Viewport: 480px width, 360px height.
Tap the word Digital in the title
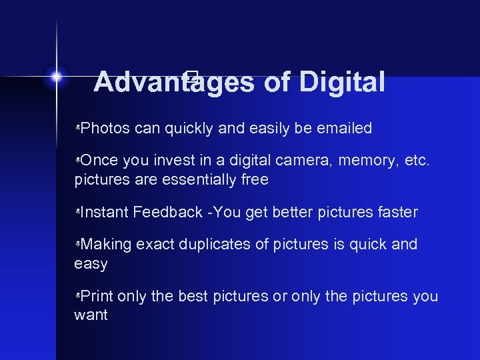pyautogui.click(x=342, y=82)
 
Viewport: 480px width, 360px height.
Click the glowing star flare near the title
pyautogui.click(x=57, y=77)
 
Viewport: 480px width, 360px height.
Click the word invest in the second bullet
pyautogui.click(x=175, y=160)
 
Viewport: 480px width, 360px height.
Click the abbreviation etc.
pyautogui.click(x=419, y=160)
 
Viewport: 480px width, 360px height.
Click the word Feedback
pyautogui.click(x=167, y=212)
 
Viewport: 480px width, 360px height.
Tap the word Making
pyautogui.click(x=106, y=245)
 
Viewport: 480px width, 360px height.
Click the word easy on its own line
pyautogui.click(x=91, y=265)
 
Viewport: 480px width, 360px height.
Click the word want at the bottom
pyautogui.click(x=91, y=315)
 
